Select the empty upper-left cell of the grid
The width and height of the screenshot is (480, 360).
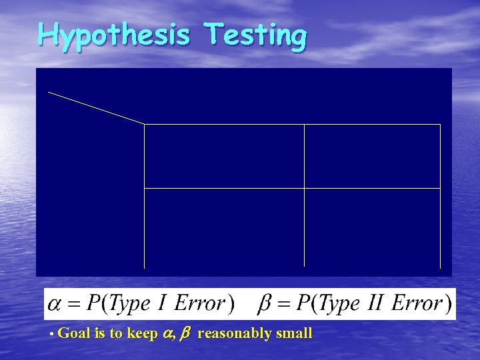(224, 156)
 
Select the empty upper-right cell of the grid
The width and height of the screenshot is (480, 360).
(372, 156)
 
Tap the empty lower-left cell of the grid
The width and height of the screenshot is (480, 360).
(224, 227)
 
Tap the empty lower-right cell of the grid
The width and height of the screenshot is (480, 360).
(372, 227)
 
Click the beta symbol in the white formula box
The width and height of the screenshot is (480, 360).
(265, 305)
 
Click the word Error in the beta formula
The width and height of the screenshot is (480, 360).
(417, 304)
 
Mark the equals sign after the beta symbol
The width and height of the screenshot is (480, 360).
(283, 305)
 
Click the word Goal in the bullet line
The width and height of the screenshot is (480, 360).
(74, 333)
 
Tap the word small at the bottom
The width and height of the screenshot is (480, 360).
(294, 333)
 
